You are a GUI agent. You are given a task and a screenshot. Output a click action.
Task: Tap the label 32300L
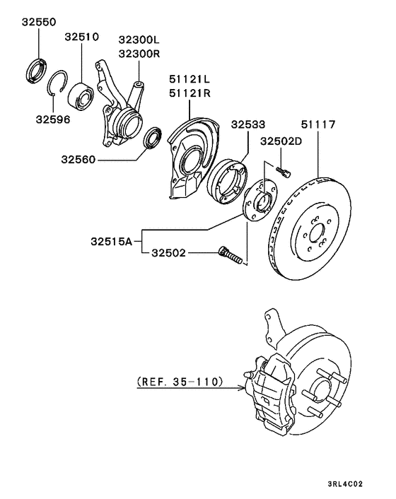(139, 40)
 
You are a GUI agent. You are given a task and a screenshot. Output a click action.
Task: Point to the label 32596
(54, 119)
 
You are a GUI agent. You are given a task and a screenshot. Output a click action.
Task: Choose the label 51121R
(190, 91)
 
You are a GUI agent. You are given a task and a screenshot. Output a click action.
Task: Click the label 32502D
(281, 141)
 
